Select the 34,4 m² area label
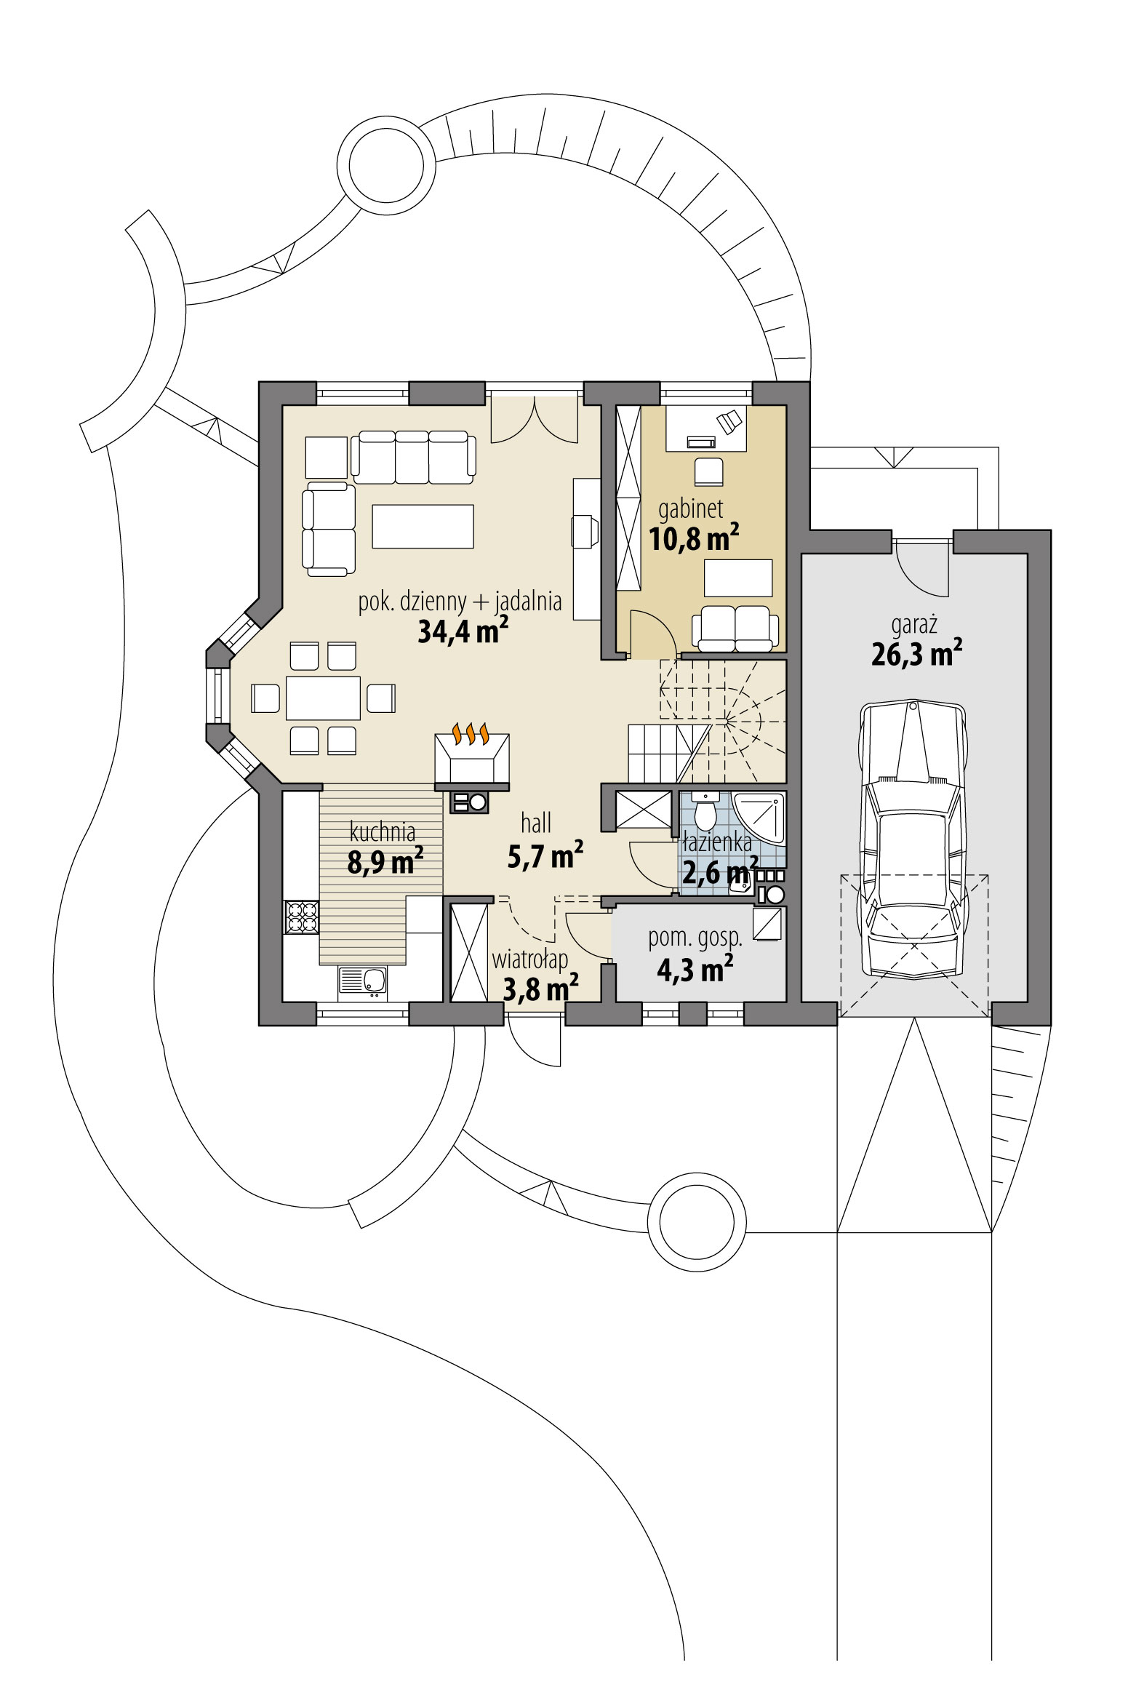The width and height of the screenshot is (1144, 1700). coord(462,631)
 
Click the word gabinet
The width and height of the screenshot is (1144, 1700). coord(690,508)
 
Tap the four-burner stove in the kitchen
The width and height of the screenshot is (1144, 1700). coord(302,917)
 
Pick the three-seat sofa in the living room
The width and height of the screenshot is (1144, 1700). coord(413,457)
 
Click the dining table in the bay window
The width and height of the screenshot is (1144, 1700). coord(323,698)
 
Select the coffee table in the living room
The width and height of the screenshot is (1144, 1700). coord(423,526)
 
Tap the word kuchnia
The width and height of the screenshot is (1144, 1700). coord(383,831)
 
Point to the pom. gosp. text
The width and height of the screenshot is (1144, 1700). coord(695,938)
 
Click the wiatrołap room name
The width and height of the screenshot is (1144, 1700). coord(529,959)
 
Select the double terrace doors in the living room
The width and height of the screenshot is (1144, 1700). coord(535,420)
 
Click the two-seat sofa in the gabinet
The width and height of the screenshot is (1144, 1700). coord(735,628)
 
